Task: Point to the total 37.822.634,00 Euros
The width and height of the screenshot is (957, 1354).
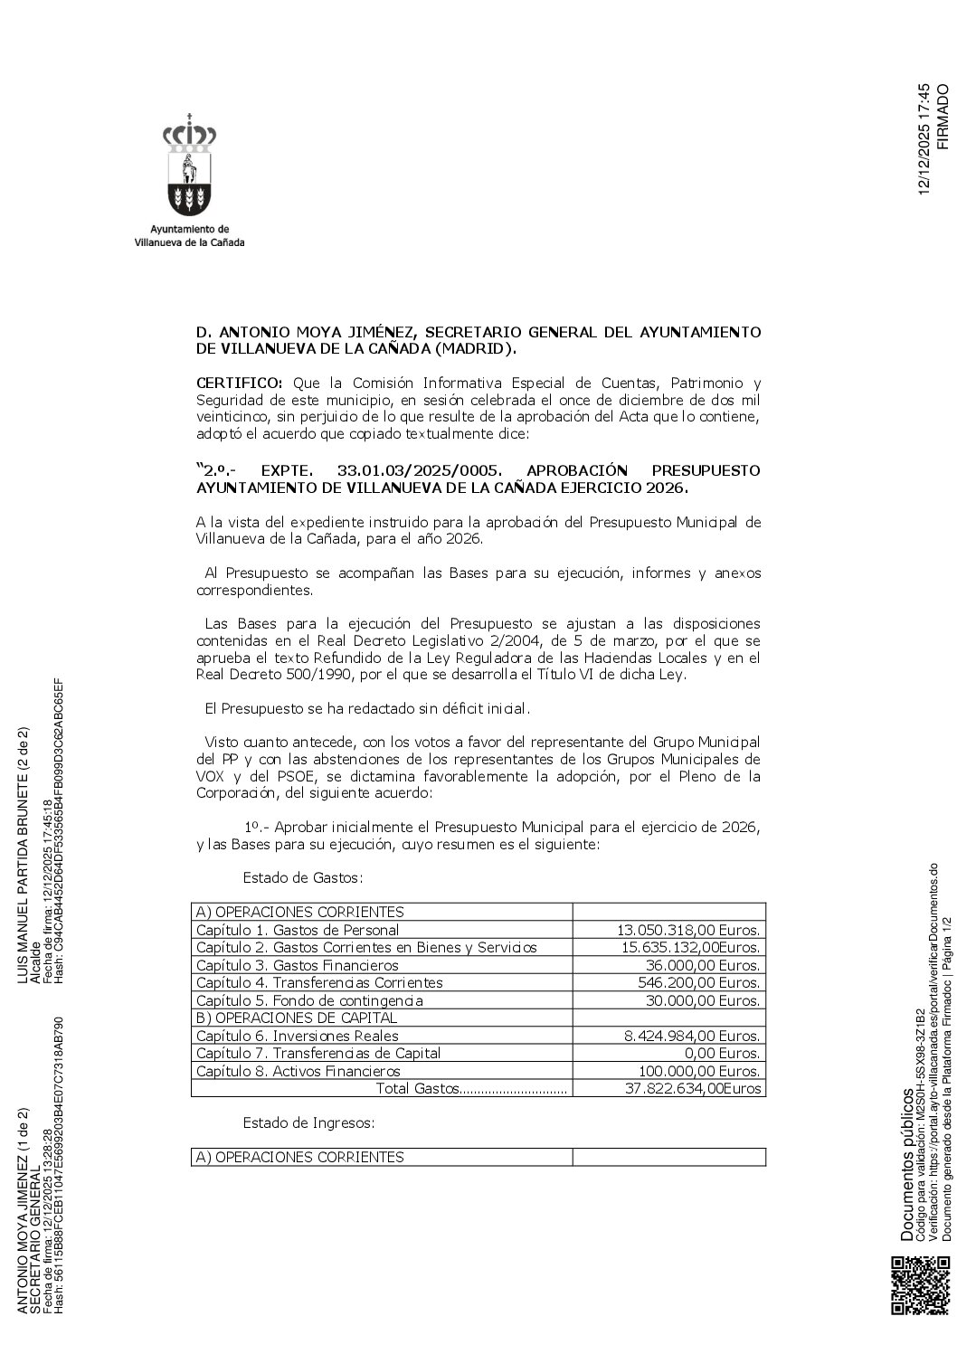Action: tap(693, 1089)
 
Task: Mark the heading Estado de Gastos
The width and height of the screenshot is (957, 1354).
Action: tap(302, 877)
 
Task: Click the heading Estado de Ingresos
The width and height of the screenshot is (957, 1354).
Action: tap(308, 1123)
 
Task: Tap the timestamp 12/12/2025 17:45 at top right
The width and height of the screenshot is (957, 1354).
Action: tap(924, 138)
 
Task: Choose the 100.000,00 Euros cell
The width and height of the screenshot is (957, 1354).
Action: tap(704, 1071)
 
